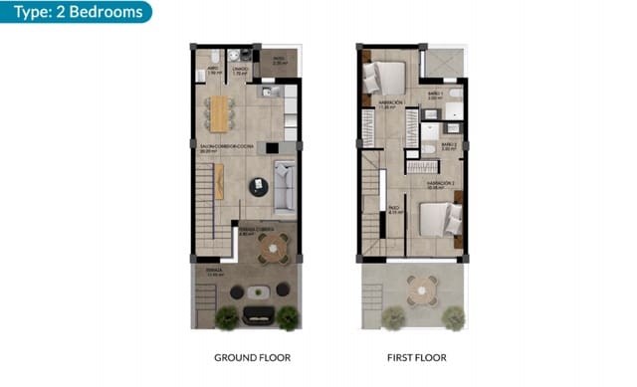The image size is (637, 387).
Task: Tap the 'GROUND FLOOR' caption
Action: [253, 356]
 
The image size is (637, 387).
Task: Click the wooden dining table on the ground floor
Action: [219, 112]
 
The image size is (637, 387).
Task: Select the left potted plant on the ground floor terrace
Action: [226, 317]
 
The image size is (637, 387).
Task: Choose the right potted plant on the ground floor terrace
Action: [288, 317]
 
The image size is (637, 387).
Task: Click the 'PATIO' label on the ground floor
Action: [279, 60]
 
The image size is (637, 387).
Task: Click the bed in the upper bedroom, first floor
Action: [387, 76]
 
